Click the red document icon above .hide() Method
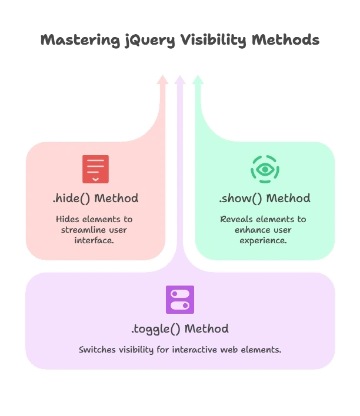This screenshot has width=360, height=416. [x=95, y=169]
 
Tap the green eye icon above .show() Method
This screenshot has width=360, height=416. [x=265, y=169]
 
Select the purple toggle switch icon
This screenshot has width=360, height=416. [x=180, y=299]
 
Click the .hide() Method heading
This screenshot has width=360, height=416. [x=95, y=198]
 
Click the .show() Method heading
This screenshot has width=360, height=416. [x=265, y=198]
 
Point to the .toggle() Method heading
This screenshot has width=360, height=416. [x=180, y=328]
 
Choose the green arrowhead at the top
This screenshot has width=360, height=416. [x=198, y=79]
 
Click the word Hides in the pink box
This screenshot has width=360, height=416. [x=68, y=219]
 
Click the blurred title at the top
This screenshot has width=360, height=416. [x=180, y=40]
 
